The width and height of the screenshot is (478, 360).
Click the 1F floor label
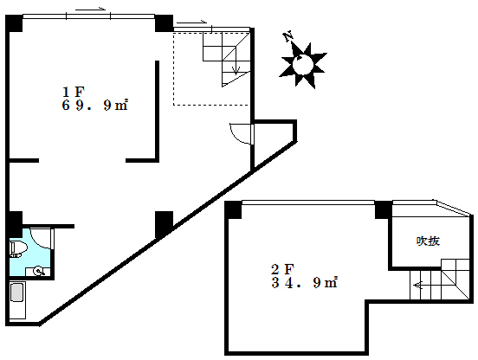(73, 92)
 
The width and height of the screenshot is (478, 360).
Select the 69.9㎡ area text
(94, 106)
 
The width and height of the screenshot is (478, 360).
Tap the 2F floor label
(282, 269)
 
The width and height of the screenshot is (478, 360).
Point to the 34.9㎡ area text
(304, 283)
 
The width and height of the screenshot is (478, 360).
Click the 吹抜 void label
(428, 241)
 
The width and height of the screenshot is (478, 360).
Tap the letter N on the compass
(288, 36)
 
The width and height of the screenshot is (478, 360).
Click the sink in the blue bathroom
(38, 271)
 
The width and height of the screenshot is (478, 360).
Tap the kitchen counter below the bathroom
(17, 299)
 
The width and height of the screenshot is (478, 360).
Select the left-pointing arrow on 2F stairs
(417, 286)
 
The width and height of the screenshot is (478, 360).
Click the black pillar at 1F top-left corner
(14, 23)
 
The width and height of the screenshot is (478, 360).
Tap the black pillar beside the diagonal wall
(164, 224)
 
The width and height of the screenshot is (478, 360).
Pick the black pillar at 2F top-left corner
(233, 209)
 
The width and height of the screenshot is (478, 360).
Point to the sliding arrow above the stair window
(191, 22)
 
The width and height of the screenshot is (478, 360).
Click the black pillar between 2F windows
(384, 209)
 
